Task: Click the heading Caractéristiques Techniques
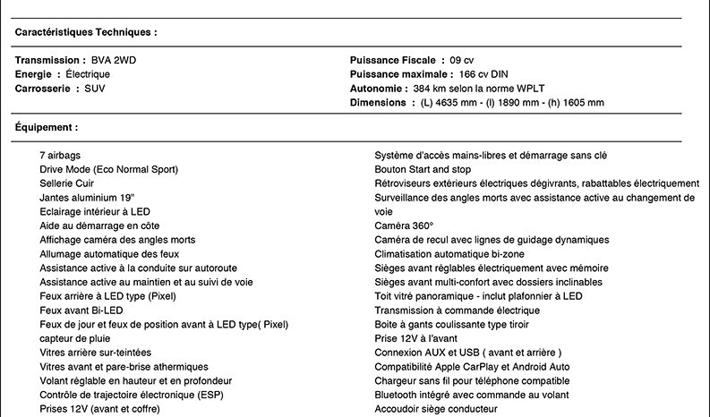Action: pyautogui.click(x=86, y=31)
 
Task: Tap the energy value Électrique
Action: pyautogui.click(x=88, y=74)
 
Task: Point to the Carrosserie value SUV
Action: pyautogui.click(x=95, y=89)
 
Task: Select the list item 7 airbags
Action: pyautogui.click(x=60, y=156)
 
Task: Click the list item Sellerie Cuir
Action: pyautogui.click(x=67, y=183)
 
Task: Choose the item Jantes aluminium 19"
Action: pyautogui.click(x=88, y=198)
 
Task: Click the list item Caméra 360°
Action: pyautogui.click(x=404, y=226)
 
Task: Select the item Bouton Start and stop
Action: pyautogui.click(x=423, y=169)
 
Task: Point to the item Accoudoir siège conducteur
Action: pyautogui.click(x=435, y=409)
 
